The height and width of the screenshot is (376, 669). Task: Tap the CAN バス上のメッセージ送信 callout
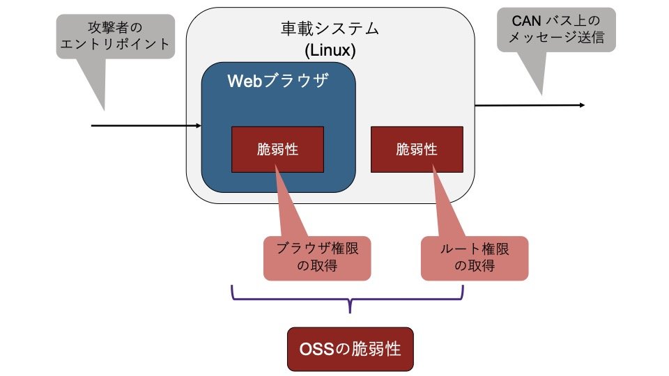(556, 29)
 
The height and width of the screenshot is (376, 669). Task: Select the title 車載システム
(330, 29)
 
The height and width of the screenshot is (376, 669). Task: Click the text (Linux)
(330, 50)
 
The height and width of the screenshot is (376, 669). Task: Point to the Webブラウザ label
(278, 80)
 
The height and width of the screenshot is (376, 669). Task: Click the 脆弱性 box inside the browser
(277, 149)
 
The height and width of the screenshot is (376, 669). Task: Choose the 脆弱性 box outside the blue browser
(416, 149)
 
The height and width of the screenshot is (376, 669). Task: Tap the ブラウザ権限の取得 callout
(318, 257)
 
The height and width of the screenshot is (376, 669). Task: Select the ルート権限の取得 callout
(475, 257)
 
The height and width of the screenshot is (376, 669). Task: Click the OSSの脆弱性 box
(350, 349)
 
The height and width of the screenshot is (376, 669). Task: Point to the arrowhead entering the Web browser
(199, 126)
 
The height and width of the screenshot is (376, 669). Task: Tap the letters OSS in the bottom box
(313, 349)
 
